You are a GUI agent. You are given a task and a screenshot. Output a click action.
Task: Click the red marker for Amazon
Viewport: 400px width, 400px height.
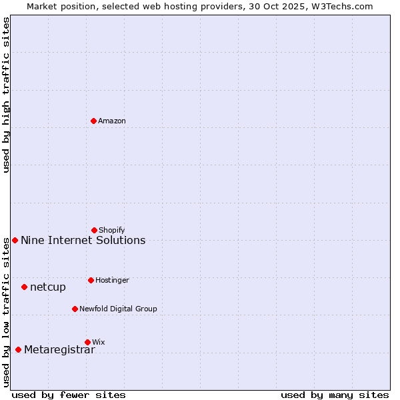pos(93,121)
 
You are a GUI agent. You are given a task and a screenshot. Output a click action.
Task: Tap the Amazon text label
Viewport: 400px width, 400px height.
pos(112,121)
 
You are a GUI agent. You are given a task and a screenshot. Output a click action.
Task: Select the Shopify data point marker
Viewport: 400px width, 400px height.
pos(94,230)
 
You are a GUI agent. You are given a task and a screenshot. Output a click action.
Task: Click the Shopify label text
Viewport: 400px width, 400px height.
pos(112,230)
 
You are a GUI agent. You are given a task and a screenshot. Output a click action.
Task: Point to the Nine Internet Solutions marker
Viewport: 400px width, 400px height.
pos(15,240)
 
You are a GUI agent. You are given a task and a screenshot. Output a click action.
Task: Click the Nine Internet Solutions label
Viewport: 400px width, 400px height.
pos(83,240)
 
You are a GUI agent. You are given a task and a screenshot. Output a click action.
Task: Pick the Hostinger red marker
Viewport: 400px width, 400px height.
pos(91,280)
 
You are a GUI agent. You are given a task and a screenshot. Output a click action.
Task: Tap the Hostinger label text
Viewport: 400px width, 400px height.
pos(112,280)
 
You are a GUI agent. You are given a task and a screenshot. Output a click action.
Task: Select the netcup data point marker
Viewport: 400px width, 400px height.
pos(24,287)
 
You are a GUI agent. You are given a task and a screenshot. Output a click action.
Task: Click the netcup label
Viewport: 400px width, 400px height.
pos(48,287)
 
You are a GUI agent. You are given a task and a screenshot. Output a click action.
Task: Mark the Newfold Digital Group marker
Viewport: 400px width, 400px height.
pos(75,309)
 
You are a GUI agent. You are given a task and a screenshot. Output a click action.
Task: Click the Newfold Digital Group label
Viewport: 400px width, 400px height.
pos(118,309)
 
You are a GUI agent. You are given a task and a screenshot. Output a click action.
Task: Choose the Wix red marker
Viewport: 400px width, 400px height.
pos(87,342)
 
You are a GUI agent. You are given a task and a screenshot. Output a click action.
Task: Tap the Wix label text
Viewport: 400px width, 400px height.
pos(99,342)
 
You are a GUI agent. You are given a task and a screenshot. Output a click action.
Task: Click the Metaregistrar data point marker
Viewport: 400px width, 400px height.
pos(18,349)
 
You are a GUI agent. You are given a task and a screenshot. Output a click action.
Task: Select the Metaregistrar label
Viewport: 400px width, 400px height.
pos(59,350)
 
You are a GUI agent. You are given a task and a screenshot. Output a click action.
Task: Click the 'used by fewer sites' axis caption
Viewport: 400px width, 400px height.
pos(69,395)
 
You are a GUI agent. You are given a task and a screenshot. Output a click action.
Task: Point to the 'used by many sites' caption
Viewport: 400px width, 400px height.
pos(335,395)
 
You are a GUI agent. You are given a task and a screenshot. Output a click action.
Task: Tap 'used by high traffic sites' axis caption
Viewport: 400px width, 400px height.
pos(7,95)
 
